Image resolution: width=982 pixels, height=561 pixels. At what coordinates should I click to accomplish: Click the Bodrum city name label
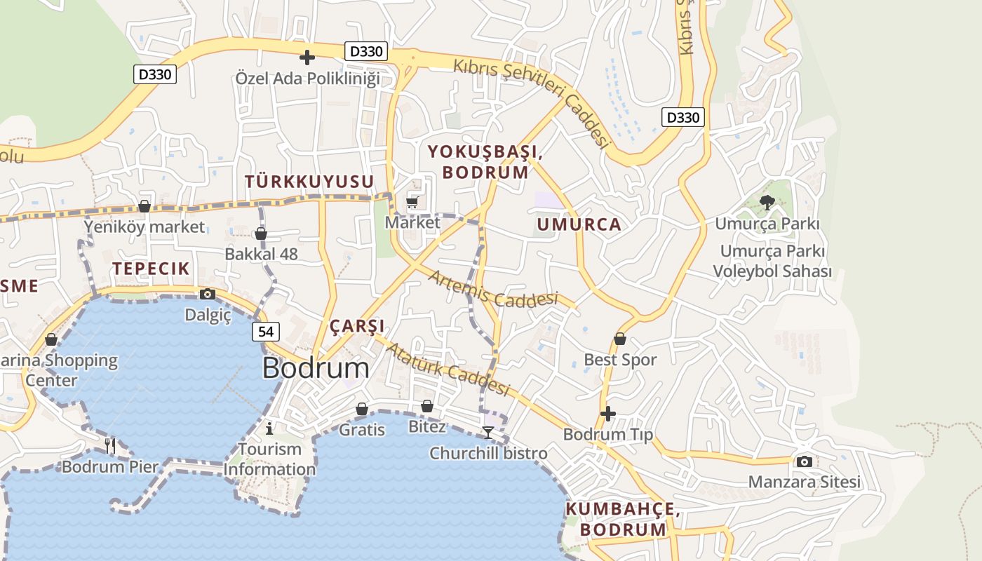click(316, 368)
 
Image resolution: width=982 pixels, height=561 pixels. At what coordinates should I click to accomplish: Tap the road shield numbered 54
click(266, 332)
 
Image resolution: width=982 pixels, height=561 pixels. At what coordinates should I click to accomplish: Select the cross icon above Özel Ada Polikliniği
click(307, 58)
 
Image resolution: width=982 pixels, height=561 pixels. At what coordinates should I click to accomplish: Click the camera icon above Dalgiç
click(207, 295)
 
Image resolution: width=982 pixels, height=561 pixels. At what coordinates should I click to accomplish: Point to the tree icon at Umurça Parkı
click(767, 203)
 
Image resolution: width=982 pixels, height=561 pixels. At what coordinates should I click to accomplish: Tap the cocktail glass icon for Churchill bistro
click(488, 432)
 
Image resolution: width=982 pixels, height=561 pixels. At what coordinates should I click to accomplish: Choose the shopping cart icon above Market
click(412, 203)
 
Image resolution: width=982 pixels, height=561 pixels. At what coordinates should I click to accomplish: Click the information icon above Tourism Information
click(269, 428)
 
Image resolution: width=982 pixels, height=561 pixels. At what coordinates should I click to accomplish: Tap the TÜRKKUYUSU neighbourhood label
click(309, 182)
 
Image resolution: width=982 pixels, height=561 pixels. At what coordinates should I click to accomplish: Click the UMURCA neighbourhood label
click(579, 224)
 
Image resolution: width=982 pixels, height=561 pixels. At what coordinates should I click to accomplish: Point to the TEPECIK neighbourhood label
click(151, 269)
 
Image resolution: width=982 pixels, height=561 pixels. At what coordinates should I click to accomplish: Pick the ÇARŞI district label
click(357, 326)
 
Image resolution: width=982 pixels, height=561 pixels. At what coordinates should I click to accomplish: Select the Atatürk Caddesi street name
click(447, 369)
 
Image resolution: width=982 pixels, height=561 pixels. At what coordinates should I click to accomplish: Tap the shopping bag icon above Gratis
click(362, 409)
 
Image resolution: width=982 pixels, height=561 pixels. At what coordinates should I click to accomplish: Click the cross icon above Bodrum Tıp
click(608, 414)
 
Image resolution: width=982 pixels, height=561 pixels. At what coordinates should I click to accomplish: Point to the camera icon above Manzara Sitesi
click(804, 461)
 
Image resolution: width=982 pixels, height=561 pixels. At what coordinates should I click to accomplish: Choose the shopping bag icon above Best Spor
click(620, 339)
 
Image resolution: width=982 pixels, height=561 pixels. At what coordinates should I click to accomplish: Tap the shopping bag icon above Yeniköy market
click(144, 206)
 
